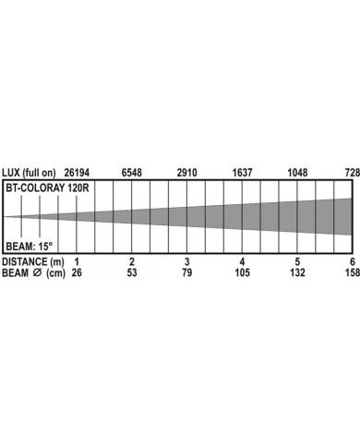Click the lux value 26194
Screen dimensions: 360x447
click(x=77, y=173)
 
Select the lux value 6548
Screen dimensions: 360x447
click(x=132, y=173)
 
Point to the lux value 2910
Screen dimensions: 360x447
click(x=187, y=173)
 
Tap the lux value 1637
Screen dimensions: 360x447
click(x=242, y=173)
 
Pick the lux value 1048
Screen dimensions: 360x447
click(x=297, y=173)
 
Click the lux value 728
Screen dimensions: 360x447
click(x=353, y=173)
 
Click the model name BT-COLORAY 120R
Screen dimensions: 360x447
click(x=47, y=187)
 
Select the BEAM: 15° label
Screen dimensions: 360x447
click(x=30, y=247)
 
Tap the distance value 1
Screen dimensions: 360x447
click(x=77, y=262)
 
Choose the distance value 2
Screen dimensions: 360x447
click(x=132, y=262)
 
